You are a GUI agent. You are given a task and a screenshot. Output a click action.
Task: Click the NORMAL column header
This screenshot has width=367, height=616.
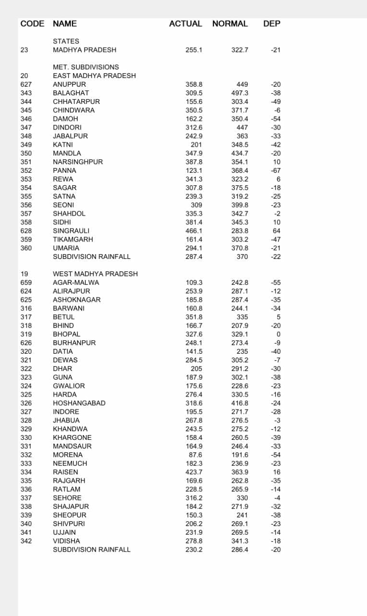(230, 24)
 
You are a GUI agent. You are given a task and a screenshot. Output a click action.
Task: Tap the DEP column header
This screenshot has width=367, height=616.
(271, 24)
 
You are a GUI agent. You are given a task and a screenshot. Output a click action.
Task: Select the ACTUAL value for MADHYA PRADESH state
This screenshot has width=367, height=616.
(194, 50)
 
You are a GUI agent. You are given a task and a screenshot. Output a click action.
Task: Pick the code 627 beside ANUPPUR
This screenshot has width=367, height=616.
(26, 84)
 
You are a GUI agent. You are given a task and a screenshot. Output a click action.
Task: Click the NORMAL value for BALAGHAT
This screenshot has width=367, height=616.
(240, 93)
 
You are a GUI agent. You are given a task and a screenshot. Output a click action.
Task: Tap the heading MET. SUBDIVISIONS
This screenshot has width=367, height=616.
(86, 67)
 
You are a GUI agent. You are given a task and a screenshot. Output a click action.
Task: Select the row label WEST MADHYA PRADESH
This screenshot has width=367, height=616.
(95, 274)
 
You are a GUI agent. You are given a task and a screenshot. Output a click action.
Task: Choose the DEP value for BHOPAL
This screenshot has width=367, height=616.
(278, 334)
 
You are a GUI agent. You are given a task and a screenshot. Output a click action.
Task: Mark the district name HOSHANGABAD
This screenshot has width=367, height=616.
(79, 403)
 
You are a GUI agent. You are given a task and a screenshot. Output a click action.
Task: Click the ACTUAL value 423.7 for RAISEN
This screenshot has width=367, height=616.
(194, 472)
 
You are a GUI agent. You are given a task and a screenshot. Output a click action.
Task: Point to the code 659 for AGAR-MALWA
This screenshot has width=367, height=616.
(26, 282)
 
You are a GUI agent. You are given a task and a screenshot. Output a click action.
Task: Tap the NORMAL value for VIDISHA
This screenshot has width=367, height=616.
(240, 541)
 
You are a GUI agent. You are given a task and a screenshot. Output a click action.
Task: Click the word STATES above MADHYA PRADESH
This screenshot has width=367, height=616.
(66, 41)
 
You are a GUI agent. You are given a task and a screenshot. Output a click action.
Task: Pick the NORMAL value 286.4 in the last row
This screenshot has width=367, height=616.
(240, 550)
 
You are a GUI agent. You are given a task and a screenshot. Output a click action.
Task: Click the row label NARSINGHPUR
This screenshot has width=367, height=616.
(77, 162)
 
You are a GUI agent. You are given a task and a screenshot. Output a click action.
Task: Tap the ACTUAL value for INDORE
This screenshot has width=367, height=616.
(194, 411)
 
